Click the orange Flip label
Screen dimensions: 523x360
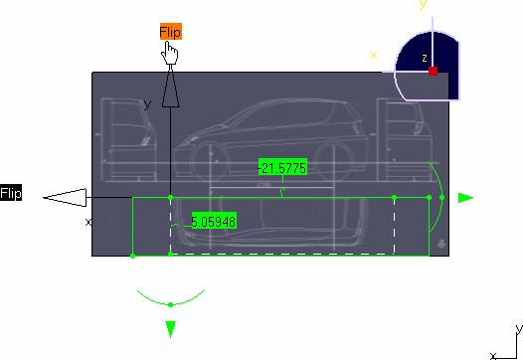tap(171, 32)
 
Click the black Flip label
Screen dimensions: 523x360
tap(11, 193)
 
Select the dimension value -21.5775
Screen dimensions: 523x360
tap(282, 167)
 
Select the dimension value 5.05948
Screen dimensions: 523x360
tap(214, 221)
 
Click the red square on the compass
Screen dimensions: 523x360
tap(433, 71)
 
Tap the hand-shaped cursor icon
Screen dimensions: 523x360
tap(170, 53)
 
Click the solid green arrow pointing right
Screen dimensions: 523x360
tap(465, 198)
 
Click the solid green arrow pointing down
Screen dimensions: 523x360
tap(170, 329)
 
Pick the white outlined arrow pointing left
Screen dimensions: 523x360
tap(65, 198)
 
